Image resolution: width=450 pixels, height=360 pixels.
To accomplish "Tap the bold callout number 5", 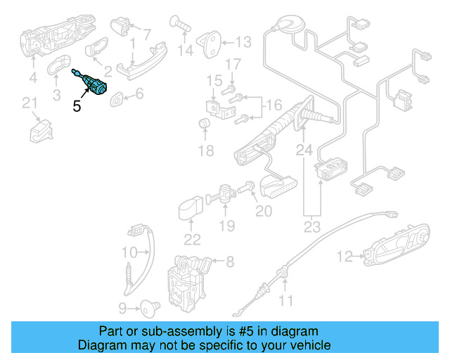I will coord(77,107).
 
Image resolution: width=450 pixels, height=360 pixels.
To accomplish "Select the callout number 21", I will coord(30,104).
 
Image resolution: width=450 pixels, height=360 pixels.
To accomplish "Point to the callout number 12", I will coord(344,257).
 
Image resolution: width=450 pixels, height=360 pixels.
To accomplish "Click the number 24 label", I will coord(303,150).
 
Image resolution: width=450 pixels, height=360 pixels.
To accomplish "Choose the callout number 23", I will coord(311,226).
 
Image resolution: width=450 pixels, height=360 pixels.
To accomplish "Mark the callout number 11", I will coord(285,302).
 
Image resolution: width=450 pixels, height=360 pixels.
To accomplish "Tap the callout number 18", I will coord(205,150).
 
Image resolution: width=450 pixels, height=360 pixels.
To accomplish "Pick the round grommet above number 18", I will coord(205,125).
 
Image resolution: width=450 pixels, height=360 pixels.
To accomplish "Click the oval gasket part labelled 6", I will coord(118,96).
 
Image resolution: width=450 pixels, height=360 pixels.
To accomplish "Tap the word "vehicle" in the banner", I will coord(308,345).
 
